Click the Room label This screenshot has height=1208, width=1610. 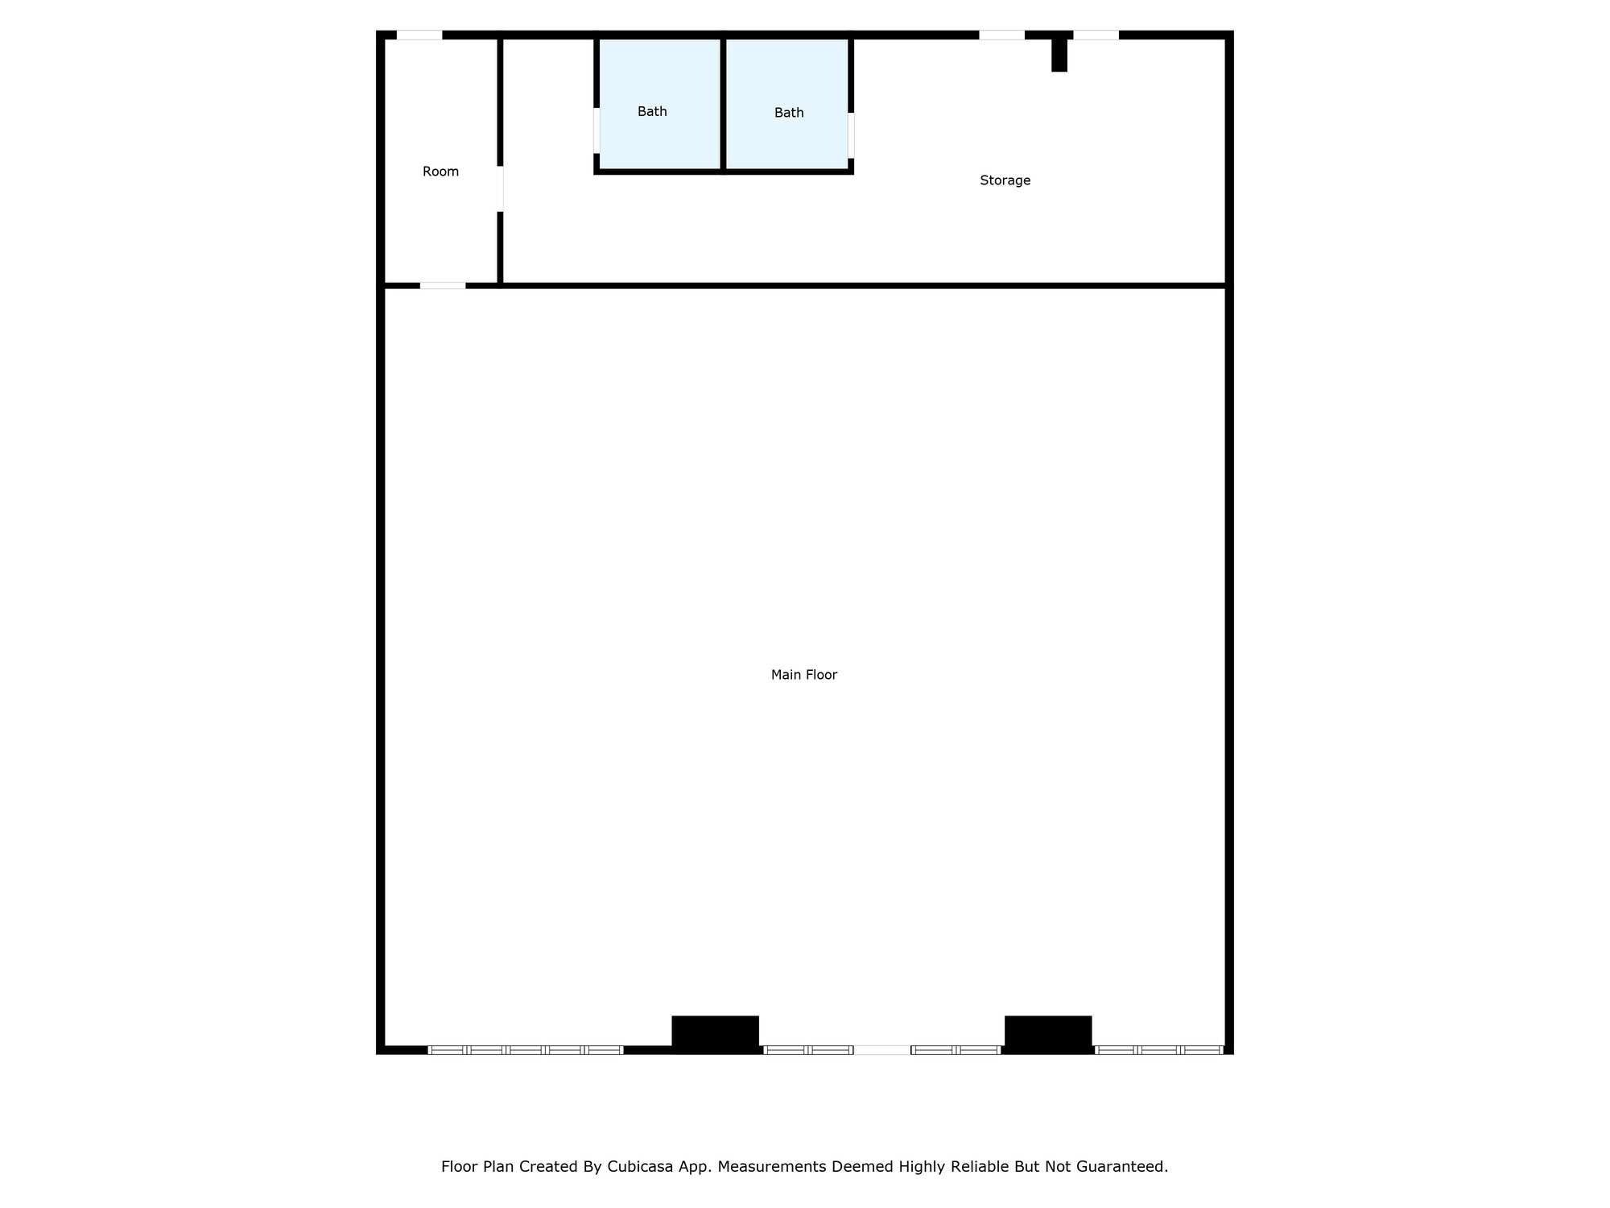pos(440,172)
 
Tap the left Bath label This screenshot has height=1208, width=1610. pos(652,111)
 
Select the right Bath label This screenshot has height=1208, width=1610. pos(789,113)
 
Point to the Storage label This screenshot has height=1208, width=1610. pos(1005,180)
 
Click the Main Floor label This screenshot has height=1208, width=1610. pos(803,675)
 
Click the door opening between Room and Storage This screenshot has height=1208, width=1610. pos(500,188)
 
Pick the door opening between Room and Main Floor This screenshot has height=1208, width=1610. pos(443,285)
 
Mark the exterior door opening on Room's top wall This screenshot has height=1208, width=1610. pos(419,35)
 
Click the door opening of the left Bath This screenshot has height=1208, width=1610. pos(597,130)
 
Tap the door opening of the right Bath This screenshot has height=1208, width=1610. pos(851,135)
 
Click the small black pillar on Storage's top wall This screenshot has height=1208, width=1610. pos(1059,54)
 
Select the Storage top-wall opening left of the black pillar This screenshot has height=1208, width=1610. pos(1001,35)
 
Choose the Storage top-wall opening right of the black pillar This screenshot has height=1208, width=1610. pos(1096,35)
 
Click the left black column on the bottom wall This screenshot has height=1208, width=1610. pos(715,1033)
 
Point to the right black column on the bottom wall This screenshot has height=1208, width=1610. pos(1048,1033)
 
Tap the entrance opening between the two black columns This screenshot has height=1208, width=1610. pos(881,1049)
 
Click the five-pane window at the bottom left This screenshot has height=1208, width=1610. pos(525,1049)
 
